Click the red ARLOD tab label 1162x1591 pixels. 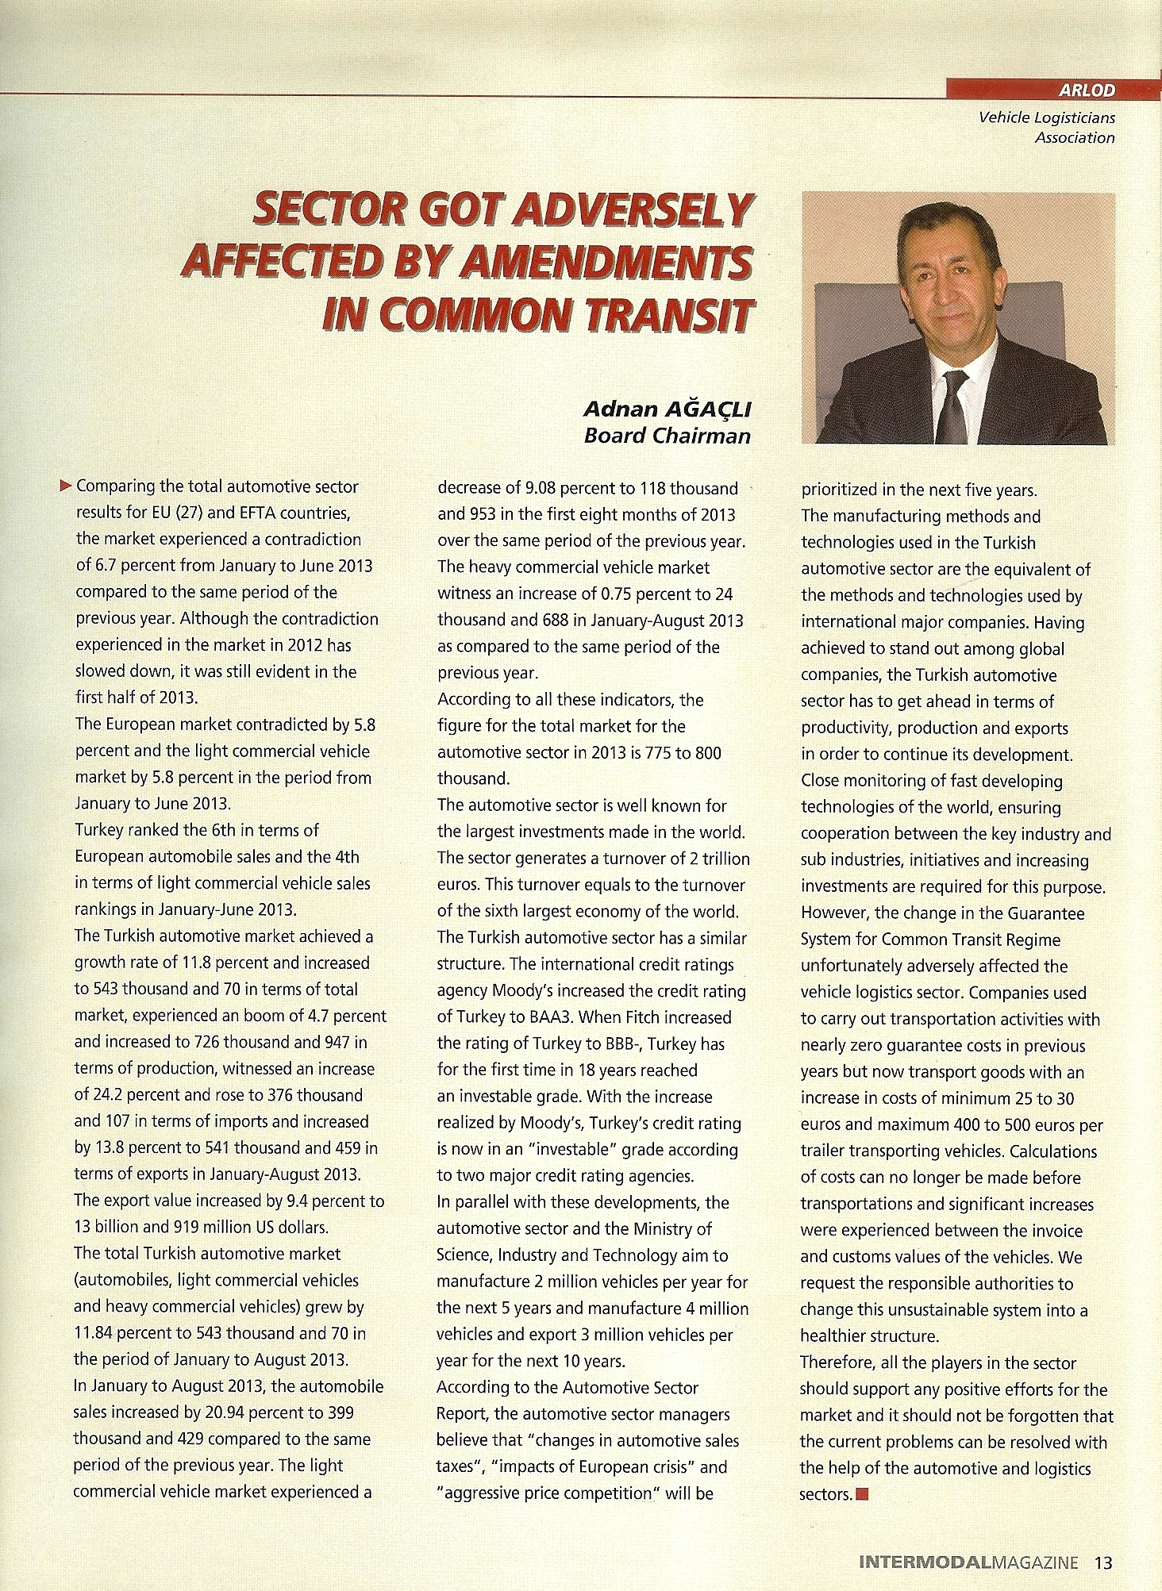[x=1092, y=90]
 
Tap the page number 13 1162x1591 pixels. [x=1103, y=1563]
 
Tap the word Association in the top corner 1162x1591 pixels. [x=1075, y=137]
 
